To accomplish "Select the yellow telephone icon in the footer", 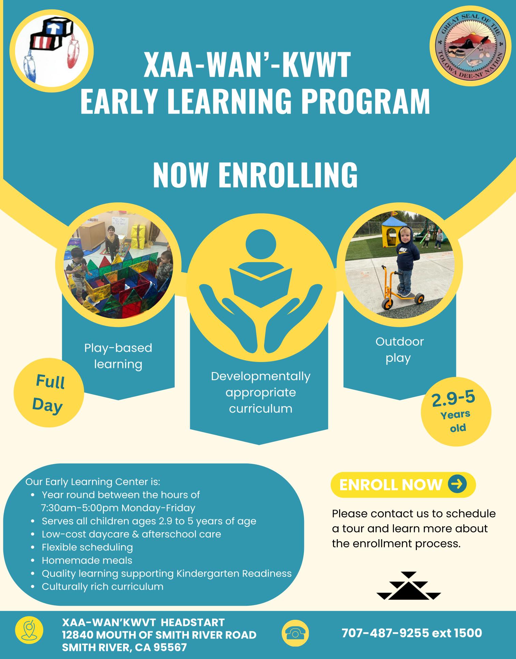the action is click(x=295, y=633).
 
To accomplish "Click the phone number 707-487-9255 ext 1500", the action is click(x=412, y=633).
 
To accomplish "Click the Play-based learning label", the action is click(x=118, y=356).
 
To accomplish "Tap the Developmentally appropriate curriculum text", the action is click(x=261, y=392).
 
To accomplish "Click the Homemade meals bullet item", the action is click(x=87, y=560).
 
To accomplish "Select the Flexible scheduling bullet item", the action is click(x=87, y=547).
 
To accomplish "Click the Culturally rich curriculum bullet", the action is click(x=103, y=587).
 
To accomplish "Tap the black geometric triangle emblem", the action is click(x=409, y=586).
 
